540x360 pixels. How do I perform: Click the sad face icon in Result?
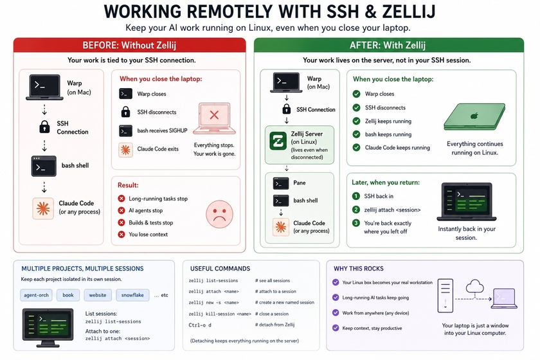coord(219,214)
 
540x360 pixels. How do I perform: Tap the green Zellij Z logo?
coord(278,141)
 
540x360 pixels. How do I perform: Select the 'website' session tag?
coord(98,295)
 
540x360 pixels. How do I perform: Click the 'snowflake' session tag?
coord(132,295)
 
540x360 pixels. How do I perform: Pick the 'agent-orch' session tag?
coord(36,295)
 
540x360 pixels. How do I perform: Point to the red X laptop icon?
coord(214,118)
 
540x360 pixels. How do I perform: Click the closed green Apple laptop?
coord(474,116)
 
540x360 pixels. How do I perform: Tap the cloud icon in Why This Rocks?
coord(475,286)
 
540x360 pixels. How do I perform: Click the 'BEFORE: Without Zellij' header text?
coord(129,45)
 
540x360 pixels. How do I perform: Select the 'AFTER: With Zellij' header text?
coord(388,45)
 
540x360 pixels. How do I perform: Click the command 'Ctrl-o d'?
coord(200,325)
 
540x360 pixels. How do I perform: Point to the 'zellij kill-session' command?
coord(220,314)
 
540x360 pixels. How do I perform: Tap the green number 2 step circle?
coord(355,210)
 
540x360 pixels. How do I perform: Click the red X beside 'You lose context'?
coord(122,234)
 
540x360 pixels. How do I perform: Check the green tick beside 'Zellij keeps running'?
coord(356,121)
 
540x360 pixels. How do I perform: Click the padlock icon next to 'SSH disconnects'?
coord(125,112)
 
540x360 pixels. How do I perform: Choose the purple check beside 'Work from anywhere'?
coord(336,312)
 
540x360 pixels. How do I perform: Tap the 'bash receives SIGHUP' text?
coord(162,130)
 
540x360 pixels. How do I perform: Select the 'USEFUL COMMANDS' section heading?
coord(220,268)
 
